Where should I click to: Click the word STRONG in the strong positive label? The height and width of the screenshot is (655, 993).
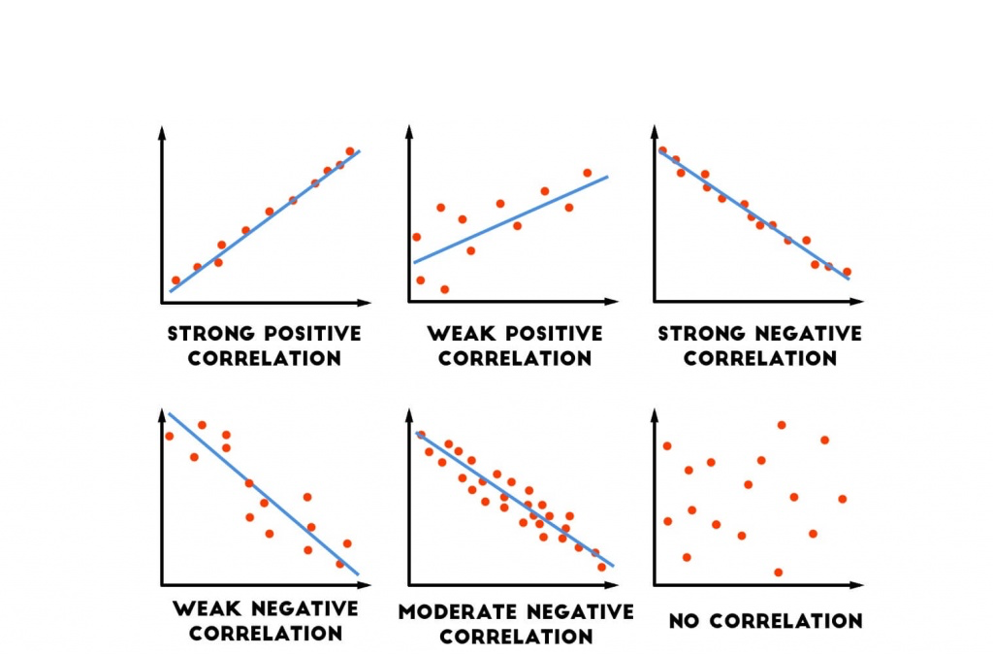point(205,334)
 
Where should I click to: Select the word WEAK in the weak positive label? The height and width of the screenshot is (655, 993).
point(460,334)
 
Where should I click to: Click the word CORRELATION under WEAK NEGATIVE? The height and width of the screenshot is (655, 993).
point(266,634)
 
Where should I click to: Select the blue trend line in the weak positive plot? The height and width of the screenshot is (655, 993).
point(510,219)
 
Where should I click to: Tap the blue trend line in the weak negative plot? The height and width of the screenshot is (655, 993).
point(264,494)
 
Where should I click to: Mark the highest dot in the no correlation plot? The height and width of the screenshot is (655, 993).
point(782,425)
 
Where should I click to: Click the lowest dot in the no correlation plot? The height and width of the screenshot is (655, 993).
point(778,573)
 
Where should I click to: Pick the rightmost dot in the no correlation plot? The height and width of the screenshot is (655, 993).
point(842,499)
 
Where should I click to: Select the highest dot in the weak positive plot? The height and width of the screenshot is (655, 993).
point(588,173)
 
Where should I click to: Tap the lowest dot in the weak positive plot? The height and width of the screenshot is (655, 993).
point(444,289)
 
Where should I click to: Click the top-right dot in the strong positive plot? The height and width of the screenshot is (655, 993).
point(350,151)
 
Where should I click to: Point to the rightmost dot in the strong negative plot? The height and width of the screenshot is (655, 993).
point(847,272)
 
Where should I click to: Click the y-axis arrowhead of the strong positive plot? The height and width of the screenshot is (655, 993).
point(162,131)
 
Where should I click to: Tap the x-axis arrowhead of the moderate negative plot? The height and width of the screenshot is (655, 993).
point(611,585)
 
